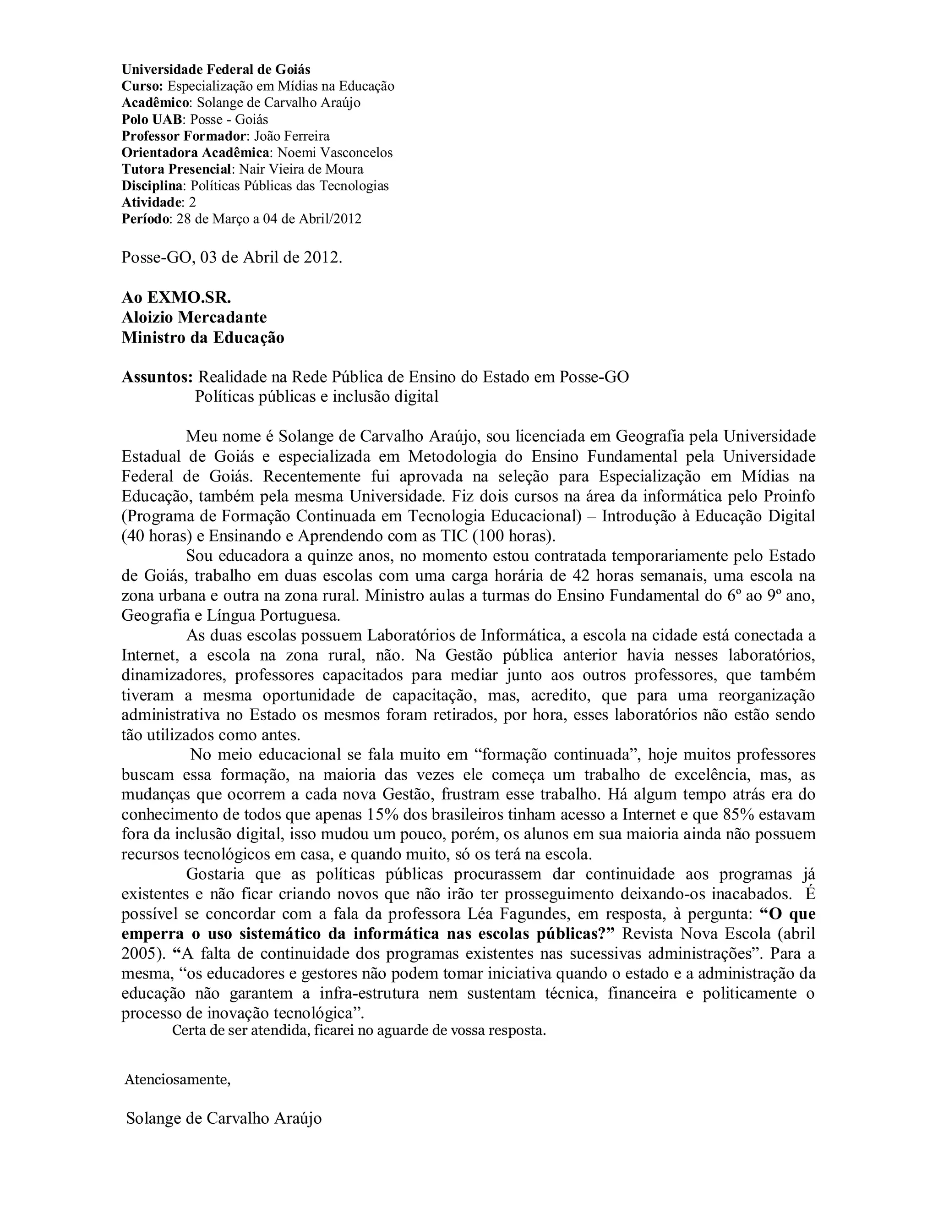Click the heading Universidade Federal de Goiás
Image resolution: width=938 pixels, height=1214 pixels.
click(x=216, y=70)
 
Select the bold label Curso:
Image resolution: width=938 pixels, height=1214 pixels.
click(x=142, y=86)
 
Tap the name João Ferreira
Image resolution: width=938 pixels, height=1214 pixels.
click(x=291, y=136)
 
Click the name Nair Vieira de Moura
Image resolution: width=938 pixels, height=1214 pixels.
click(x=301, y=169)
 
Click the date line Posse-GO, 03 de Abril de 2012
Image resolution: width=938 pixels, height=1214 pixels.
click(x=232, y=258)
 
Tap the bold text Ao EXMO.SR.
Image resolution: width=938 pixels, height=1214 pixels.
click(x=176, y=297)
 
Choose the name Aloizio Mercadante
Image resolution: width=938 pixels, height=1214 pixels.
click(x=194, y=317)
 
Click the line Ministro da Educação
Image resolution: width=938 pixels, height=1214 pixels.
click(x=203, y=338)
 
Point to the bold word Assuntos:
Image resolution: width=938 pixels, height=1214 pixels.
click(x=157, y=377)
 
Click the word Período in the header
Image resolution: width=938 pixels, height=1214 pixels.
click(x=146, y=219)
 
